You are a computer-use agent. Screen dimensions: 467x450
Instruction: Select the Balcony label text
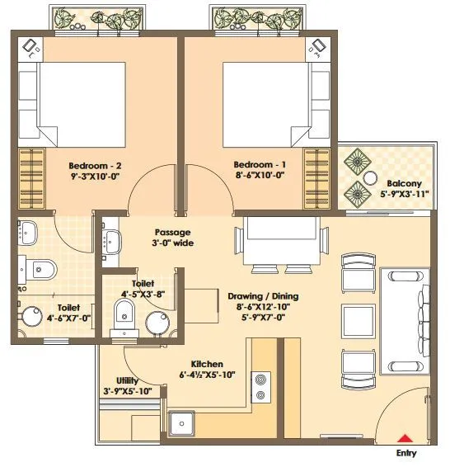coord(404,183)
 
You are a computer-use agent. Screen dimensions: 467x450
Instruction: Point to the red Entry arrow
coord(405,439)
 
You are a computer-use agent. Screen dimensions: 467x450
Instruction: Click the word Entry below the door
coord(406,454)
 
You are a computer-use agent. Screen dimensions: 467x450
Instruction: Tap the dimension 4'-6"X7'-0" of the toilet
coord(46,317)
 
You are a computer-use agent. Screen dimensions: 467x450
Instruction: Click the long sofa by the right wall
coord(404,320)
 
